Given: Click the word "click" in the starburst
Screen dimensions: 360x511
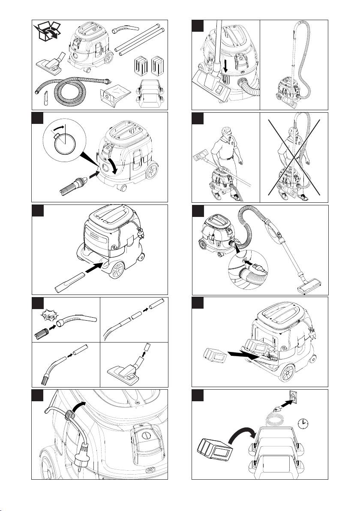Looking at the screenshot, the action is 51,316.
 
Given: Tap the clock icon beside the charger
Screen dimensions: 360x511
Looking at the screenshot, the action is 303,422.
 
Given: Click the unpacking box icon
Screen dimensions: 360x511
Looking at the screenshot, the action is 48,31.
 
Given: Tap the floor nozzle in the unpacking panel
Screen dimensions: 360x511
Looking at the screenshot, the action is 52,63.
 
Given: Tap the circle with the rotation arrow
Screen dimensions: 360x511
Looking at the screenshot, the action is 65,142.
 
